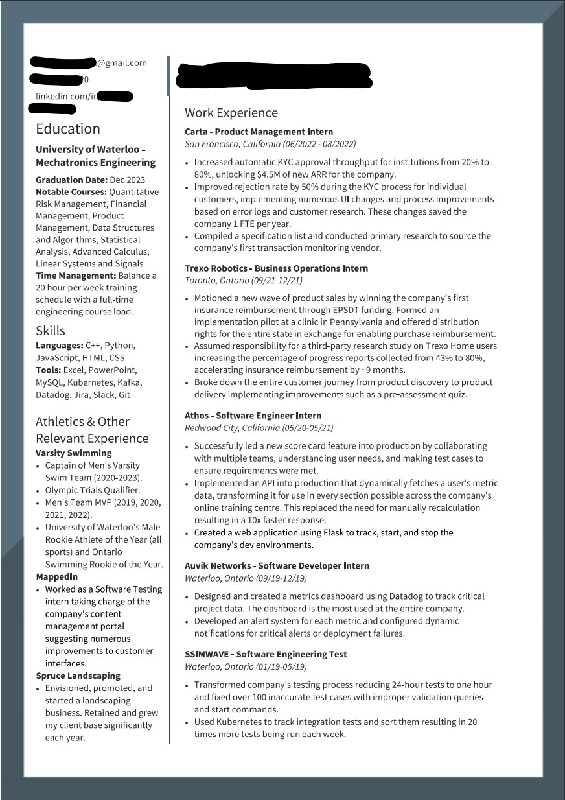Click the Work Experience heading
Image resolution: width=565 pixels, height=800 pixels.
[x=231, y=113]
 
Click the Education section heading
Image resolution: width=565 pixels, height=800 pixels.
[x=68, y=128]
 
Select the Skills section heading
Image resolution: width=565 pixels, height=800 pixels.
[x=51, y=331]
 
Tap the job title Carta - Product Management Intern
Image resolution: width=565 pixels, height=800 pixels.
[x=259, y=132]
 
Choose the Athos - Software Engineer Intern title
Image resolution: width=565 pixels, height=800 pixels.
[x=253, y=416]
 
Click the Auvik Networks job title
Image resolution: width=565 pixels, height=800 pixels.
[x=277, y=566]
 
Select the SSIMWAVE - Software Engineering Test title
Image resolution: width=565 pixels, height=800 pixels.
[x=266, y=655]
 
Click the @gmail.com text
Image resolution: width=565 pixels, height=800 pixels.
[x=122, y=63]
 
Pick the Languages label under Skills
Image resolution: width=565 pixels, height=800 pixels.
[x=59, y=346]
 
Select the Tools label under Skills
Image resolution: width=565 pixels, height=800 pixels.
[x=48, y=370]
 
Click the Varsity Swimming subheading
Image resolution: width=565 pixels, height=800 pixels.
[x=73, y=453]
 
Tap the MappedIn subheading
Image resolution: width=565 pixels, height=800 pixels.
[x=56, y=576]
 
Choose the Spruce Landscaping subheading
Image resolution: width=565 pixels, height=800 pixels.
[x=78, y=676]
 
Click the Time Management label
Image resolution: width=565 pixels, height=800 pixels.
[x=75, y=276]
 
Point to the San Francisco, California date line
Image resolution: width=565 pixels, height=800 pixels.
[x=270, y=144]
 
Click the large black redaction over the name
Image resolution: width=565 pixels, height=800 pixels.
[x=275, y=76]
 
